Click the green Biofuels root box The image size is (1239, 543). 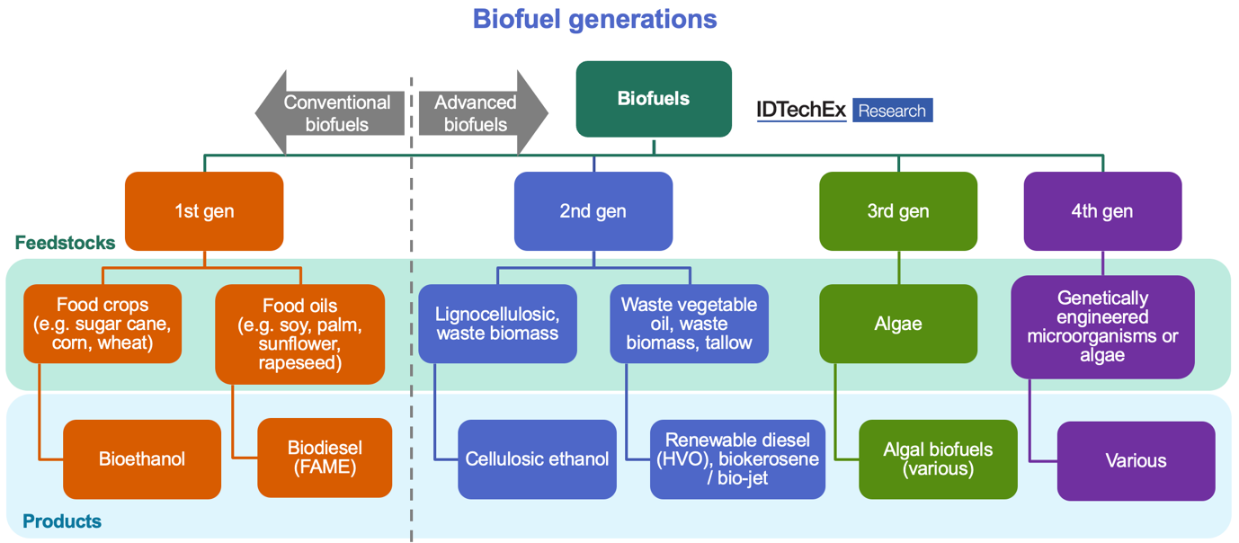(654, 99)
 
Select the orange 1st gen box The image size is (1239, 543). (204, 211)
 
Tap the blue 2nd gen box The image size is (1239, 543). (593, 211)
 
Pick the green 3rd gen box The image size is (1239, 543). (897, 211)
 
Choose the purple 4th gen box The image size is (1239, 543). (1102, 211)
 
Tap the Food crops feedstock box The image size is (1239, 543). (103, 324)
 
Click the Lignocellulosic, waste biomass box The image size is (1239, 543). (497, 324)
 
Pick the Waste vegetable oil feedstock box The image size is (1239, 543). (689, 324)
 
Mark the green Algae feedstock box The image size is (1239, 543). (897, 324)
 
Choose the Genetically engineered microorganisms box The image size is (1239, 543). (1102, 326)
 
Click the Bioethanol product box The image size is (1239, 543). (142, 459)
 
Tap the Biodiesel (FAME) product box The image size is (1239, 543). (325, 458)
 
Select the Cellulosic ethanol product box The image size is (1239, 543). (537, 459)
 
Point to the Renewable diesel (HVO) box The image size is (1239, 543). (737, 459)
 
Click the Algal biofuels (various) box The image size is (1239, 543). (938, 459)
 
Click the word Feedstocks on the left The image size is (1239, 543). (65, 243)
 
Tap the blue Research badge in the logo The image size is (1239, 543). (892, 111)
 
